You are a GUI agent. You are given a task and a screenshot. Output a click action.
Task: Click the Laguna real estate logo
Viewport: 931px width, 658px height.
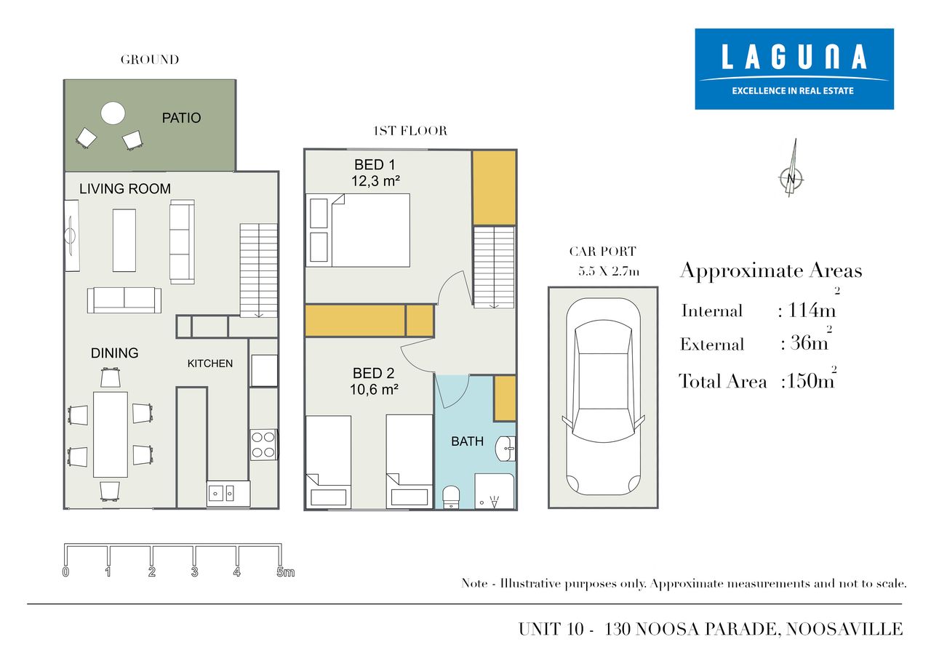pyautogui.click(x=794, y=69)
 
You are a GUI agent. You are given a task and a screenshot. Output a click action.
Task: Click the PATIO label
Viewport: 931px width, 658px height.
pyautogui.click(x=181, y=118)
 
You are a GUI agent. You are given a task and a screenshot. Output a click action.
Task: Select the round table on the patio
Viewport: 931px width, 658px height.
pyautogui.click(x=113, y=113)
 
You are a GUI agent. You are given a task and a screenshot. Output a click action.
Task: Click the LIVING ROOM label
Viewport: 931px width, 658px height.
pyautogui.click(x=125, y=188)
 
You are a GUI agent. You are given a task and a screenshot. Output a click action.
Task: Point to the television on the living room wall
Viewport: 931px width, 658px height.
pyautogui.click(x=71, y=236)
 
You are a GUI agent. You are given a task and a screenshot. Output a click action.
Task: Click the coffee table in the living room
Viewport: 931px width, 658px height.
pyautogui.click(x=124, y=241)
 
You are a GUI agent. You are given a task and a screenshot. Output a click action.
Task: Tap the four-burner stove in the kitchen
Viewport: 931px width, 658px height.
pyautogui.click(x=263, y=444)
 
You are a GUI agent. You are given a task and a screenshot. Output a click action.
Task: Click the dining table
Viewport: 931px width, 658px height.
pyautogui.click(x=110, y=435)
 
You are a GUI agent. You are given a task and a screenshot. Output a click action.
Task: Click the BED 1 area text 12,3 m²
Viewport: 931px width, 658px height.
pyautogui.click(x=375, y=181)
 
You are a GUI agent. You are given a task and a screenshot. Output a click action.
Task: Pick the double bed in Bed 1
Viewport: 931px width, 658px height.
pyautogui.click(x=358, y=230)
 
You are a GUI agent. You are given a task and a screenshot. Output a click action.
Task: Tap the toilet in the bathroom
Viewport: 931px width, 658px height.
pyautogui.click(x=451, y=497)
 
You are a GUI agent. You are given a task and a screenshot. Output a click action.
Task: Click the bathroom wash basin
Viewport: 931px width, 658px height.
pyautogui.click(x=506, y=449)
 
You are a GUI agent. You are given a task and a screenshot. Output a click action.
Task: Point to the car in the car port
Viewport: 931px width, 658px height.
pyautogui.click(x=603, y=396)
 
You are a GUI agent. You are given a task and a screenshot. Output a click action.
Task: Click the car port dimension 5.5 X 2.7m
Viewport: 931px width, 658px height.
pyautogui.click(x=609, y=272)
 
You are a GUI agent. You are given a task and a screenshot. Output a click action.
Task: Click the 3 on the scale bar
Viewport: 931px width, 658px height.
pyautogui.click(x=194, y=571)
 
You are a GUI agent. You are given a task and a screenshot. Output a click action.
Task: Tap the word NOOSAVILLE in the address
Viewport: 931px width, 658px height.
pyautogui.click(x=844, y=629)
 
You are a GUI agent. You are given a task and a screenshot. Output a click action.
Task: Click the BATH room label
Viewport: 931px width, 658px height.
pyautogui.click(x=467, y=441)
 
